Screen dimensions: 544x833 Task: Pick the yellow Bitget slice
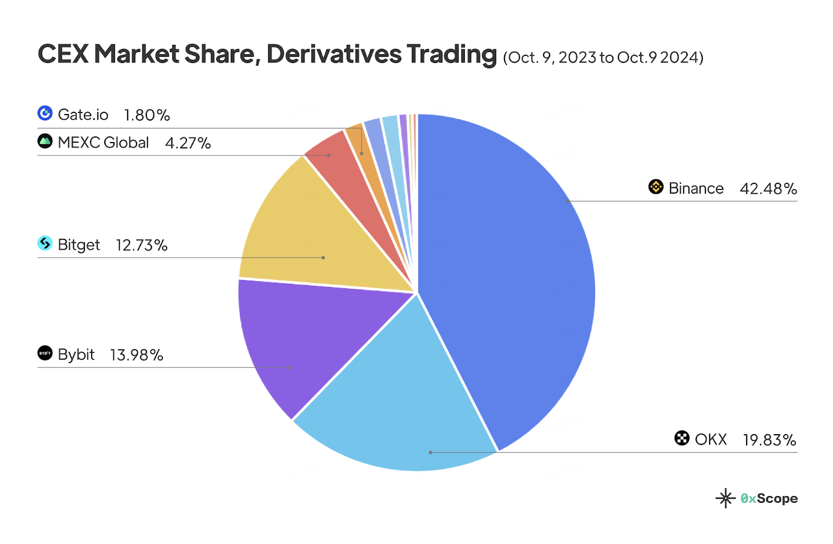(312, 234)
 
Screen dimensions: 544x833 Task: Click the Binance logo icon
(655, 187)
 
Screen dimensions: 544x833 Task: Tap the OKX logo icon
(681, 438)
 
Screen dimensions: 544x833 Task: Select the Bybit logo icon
(45, 353)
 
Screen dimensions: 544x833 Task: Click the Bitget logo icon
(45, 243)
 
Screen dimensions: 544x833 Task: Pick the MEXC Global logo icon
(45, 141)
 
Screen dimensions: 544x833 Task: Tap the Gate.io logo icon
(45, 113)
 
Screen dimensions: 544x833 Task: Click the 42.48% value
(768, 188)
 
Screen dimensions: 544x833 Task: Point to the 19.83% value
(769, 440)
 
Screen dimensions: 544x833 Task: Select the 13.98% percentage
(136, 355)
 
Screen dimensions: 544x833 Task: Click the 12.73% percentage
(141, 245)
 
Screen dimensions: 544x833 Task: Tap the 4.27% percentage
(187, 143)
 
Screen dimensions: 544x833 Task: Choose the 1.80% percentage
(147, 115)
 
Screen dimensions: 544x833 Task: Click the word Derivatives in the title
(334, 54)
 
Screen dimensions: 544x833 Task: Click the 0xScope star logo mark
(725, 498)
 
